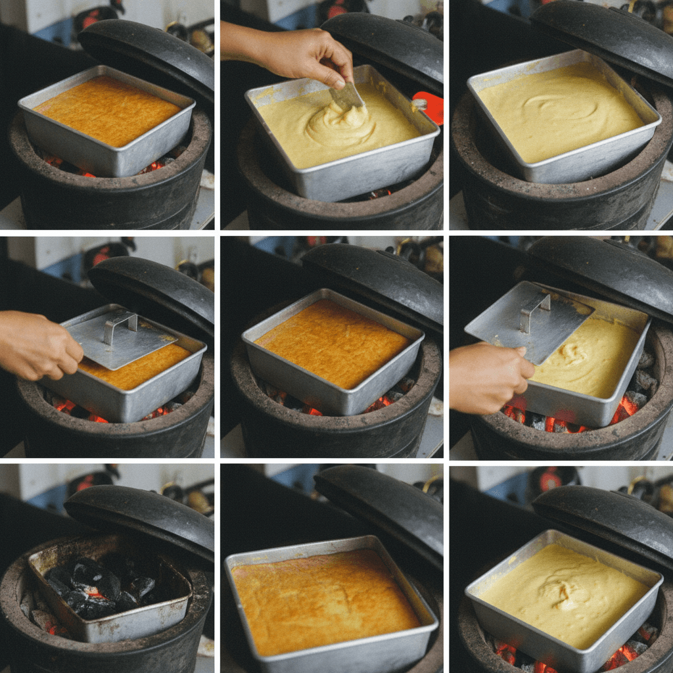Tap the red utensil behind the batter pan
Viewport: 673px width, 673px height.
tap(429, 107)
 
